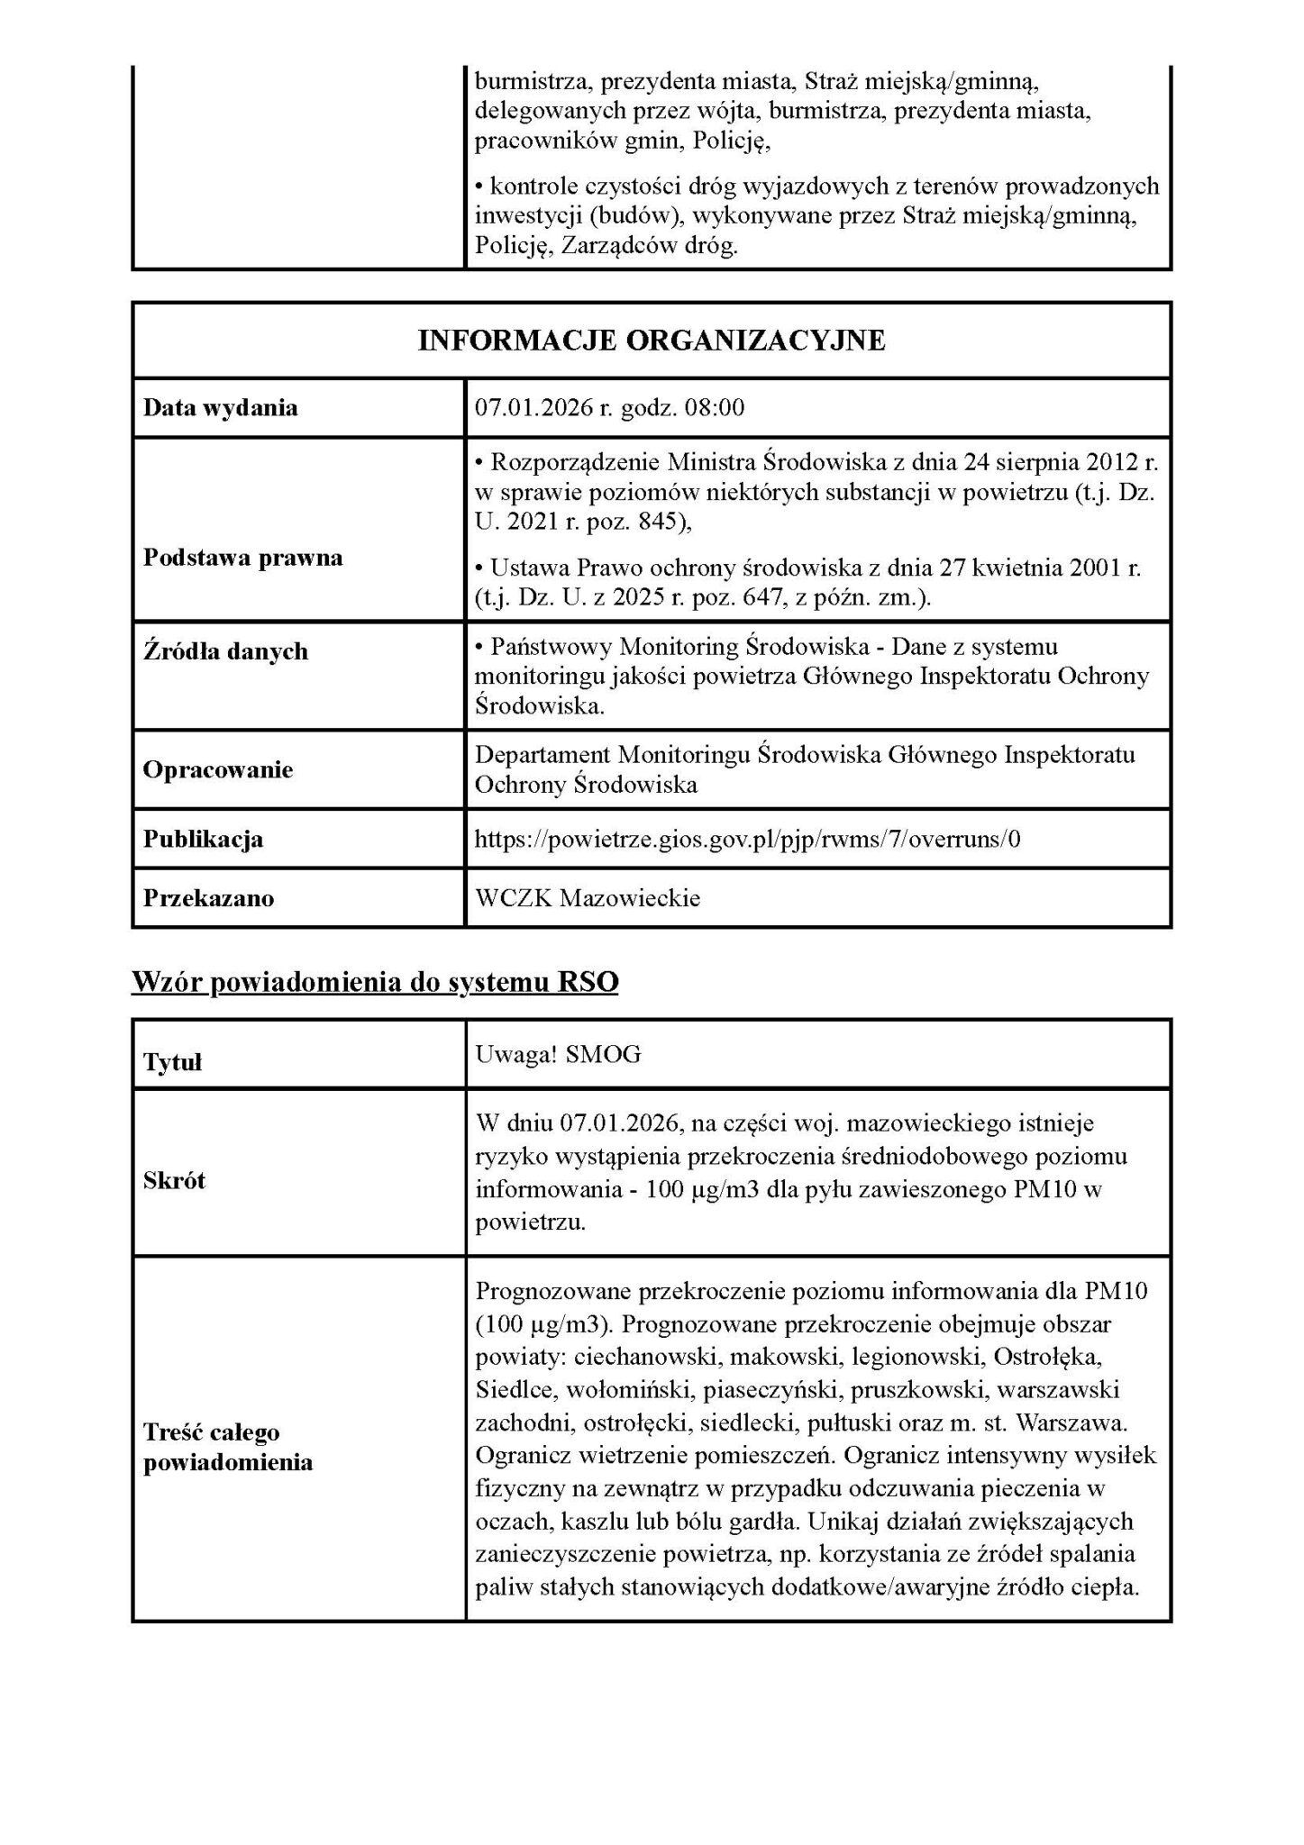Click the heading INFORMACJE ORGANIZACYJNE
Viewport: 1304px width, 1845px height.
[651, 341]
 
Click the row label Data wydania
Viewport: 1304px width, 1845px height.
[221, 408]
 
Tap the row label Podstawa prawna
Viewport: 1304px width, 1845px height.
[243, 558]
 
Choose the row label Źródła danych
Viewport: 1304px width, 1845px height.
[225, 651]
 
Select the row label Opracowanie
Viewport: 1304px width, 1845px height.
[218, 770]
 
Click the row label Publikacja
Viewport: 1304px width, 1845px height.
[204, 840]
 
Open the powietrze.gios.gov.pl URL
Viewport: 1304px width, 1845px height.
[747, 840]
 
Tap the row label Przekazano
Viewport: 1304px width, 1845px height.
[209, 898]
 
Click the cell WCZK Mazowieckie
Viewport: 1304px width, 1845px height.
[588, 898]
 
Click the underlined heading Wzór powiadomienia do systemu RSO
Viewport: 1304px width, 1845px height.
[375, 982]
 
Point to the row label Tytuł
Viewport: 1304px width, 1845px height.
[173, 1063]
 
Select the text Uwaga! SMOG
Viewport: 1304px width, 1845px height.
[558, 1055]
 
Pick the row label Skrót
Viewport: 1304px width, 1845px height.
[175, 1181]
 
